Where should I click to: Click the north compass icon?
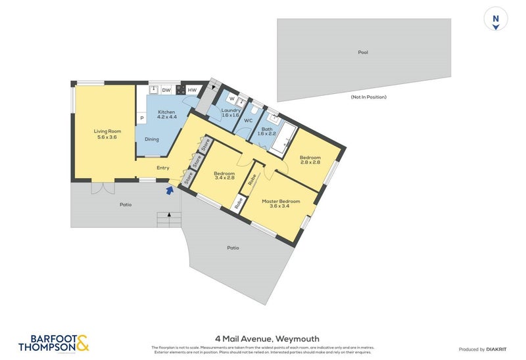coord(496,20)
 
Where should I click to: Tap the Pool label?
coord(363,53)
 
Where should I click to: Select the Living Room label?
coord(107,134)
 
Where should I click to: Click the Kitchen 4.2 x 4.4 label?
coord(166,115)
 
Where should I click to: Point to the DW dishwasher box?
coord(166,90)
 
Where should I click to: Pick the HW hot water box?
coord(193,90)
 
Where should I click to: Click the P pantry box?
coord(141,118)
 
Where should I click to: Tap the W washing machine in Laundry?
coord(232,99)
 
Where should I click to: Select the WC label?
coord(249,121)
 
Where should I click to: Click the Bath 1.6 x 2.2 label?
coord(267,132)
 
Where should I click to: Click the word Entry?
coord(163,168)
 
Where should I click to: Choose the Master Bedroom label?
coord(281,204)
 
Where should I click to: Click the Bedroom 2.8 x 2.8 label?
coord(310,160)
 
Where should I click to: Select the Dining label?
coord(152,139)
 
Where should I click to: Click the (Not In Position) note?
coord(368,97)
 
